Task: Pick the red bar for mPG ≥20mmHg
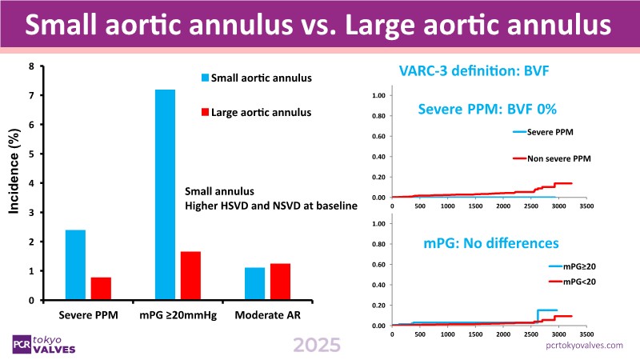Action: point(190,275)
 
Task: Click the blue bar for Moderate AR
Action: point(254,284)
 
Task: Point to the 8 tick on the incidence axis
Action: point(31,66)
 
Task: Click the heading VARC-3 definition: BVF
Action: point(473,74)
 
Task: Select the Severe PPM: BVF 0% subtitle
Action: point(487,108)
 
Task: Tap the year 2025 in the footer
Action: point(317,345)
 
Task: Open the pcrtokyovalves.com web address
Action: point(584,345)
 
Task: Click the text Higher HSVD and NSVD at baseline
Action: point(271,206)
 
